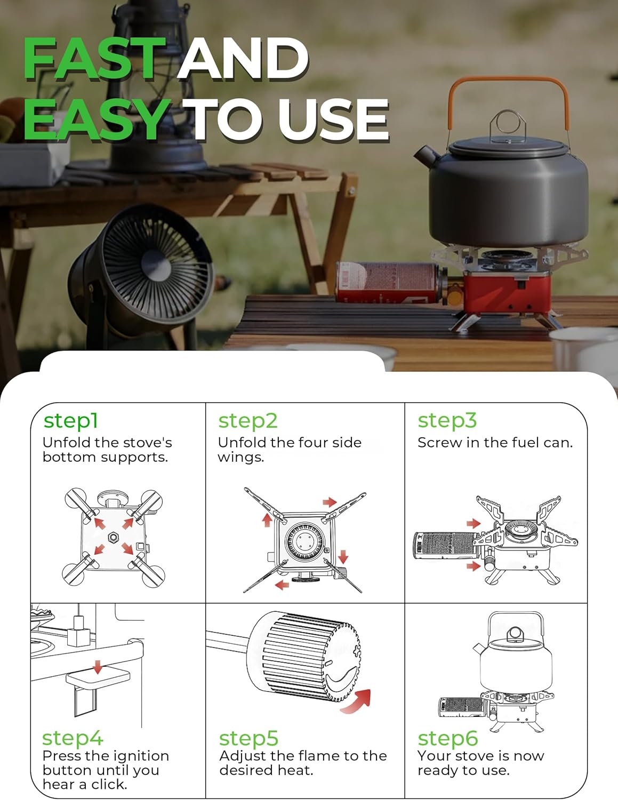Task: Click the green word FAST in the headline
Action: pyautogui.click(x=94, y=58)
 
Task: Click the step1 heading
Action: pyautogui.click(x=71, y=421)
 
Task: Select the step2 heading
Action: pyautogui.click(x=248, y=421)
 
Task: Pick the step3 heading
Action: pyautogui.click(x=447, y=421)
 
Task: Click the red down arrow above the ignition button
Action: pyautogui.click(x=98, y=667)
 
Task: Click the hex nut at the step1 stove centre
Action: pyautogui.click(x=113, y=538)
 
